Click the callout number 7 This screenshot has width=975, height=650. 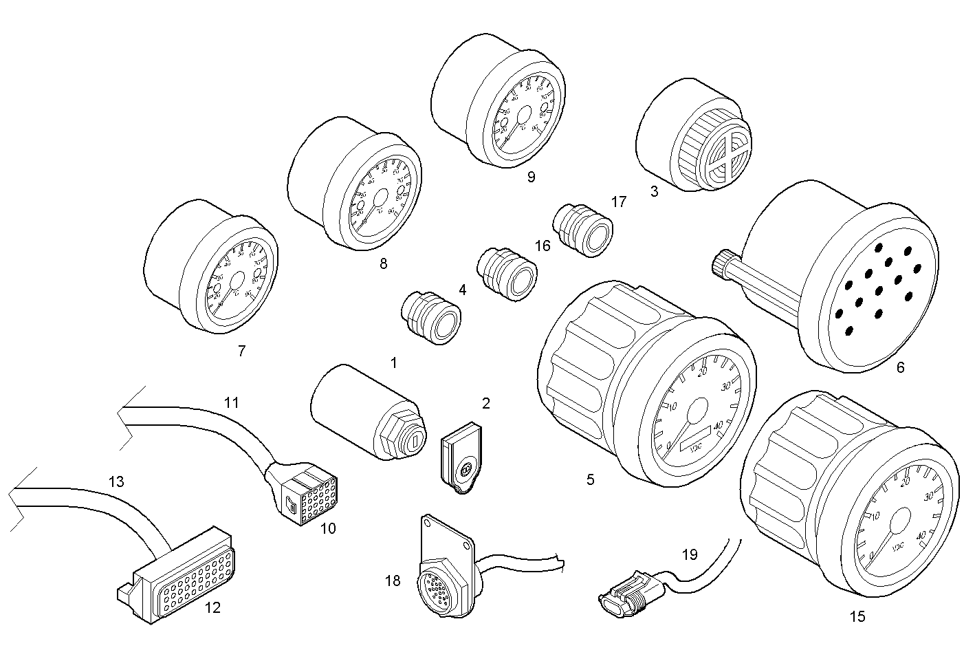click(x=241, y=351)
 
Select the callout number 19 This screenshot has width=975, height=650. click(x=690, y=554)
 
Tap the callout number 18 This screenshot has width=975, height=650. click(x=393, y=581)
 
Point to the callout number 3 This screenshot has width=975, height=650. click(x=654, y=192)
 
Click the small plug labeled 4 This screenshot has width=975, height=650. click(x=431, y=318)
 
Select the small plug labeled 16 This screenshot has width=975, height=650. click(x=507, y=274)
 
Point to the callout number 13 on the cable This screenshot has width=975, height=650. click(x=116, y=481)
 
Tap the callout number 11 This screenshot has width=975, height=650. click(x=232, y=402)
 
